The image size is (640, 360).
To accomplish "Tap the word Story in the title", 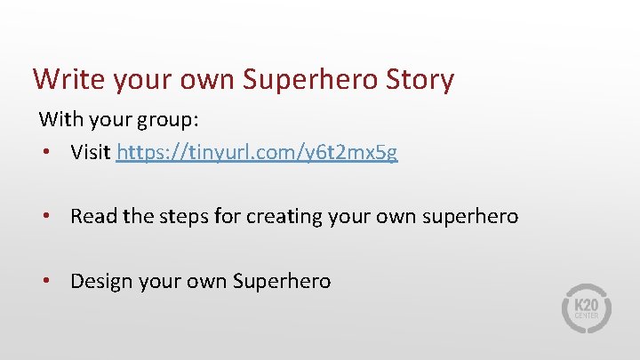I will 419,79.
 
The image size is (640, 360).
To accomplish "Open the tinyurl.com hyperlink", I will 257,152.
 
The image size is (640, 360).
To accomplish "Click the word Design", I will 100,281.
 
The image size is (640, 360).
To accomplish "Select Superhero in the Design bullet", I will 281,281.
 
